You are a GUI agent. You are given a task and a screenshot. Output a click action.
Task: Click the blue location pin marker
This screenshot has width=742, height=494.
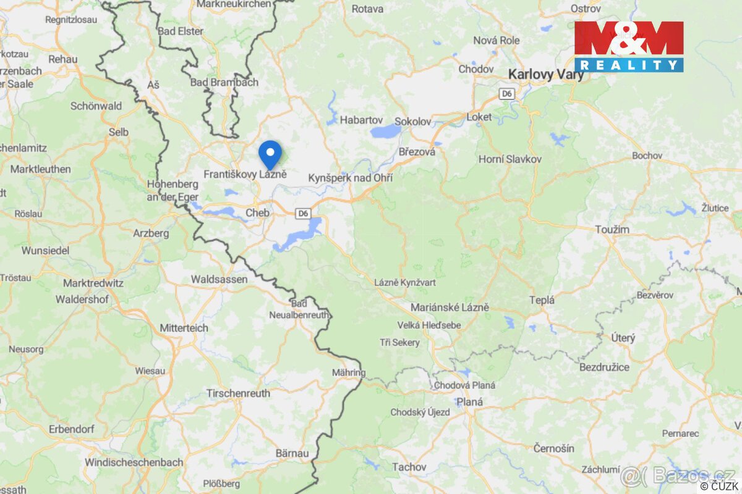270,153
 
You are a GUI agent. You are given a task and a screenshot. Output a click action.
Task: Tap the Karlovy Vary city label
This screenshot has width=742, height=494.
546,75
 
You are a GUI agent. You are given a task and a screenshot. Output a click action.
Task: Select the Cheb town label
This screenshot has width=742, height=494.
257,212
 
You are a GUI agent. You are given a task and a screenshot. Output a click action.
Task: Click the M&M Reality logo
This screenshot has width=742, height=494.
629,46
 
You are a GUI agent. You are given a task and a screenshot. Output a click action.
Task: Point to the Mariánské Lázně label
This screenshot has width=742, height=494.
450,307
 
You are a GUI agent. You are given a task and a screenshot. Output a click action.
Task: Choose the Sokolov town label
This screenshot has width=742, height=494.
412,122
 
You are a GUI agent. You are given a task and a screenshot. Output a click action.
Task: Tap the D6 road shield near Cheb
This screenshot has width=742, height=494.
302,214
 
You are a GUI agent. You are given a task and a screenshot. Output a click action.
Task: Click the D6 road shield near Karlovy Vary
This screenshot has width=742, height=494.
507,93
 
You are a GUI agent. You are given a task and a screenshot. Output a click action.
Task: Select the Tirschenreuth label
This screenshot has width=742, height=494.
238,393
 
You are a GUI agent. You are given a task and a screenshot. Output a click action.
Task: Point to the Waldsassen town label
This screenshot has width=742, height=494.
219,279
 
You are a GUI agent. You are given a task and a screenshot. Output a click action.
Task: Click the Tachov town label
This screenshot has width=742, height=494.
409,467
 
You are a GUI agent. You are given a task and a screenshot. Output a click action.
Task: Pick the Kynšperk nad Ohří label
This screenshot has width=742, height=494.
351,177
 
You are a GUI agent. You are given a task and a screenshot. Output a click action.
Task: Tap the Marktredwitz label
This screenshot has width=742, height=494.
93,283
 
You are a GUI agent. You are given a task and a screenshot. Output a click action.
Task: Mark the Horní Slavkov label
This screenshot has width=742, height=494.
510,159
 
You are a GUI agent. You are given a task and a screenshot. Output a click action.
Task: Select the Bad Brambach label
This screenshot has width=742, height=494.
224,82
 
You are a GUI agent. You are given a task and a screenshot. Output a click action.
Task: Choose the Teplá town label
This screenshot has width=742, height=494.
542,300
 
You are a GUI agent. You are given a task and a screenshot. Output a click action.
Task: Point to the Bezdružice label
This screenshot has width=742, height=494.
604,367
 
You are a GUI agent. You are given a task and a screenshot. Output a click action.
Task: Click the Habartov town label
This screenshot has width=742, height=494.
362,120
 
